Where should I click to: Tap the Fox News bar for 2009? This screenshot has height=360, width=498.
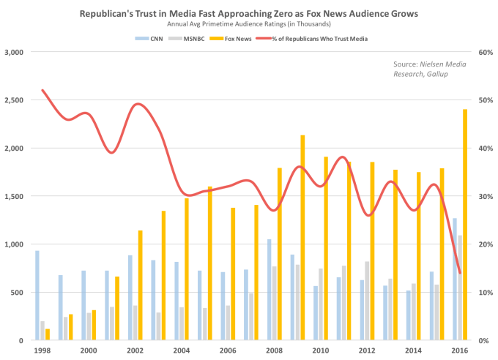302,238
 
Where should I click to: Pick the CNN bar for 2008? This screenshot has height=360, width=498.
270,290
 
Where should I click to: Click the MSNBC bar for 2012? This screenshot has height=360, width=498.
367,301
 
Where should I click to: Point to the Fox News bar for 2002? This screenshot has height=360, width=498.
141,285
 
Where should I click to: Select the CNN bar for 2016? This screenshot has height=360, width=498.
454,279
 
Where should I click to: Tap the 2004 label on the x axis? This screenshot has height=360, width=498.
181,350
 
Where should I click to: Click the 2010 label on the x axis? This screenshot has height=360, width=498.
321,350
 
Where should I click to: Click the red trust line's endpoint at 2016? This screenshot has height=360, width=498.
459,273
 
